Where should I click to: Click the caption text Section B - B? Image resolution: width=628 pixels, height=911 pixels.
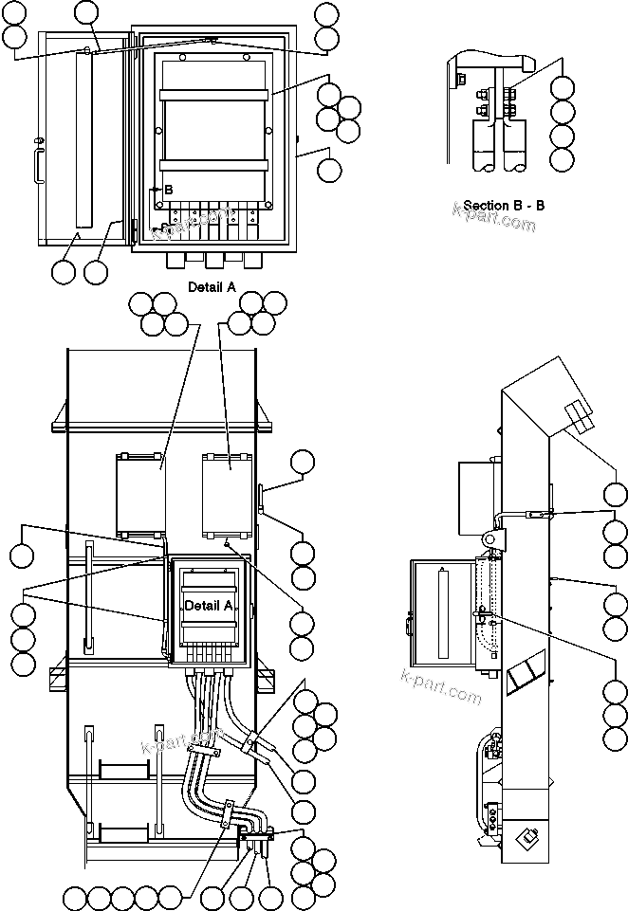(504, 205)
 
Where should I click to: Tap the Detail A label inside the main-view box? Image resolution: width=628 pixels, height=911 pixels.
(208, 605)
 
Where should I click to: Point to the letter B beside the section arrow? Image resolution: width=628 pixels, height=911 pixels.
(168, 190)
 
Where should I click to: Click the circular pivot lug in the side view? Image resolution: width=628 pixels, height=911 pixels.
(492, 537)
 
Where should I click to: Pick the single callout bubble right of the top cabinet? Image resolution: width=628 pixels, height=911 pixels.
(329, 171)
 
